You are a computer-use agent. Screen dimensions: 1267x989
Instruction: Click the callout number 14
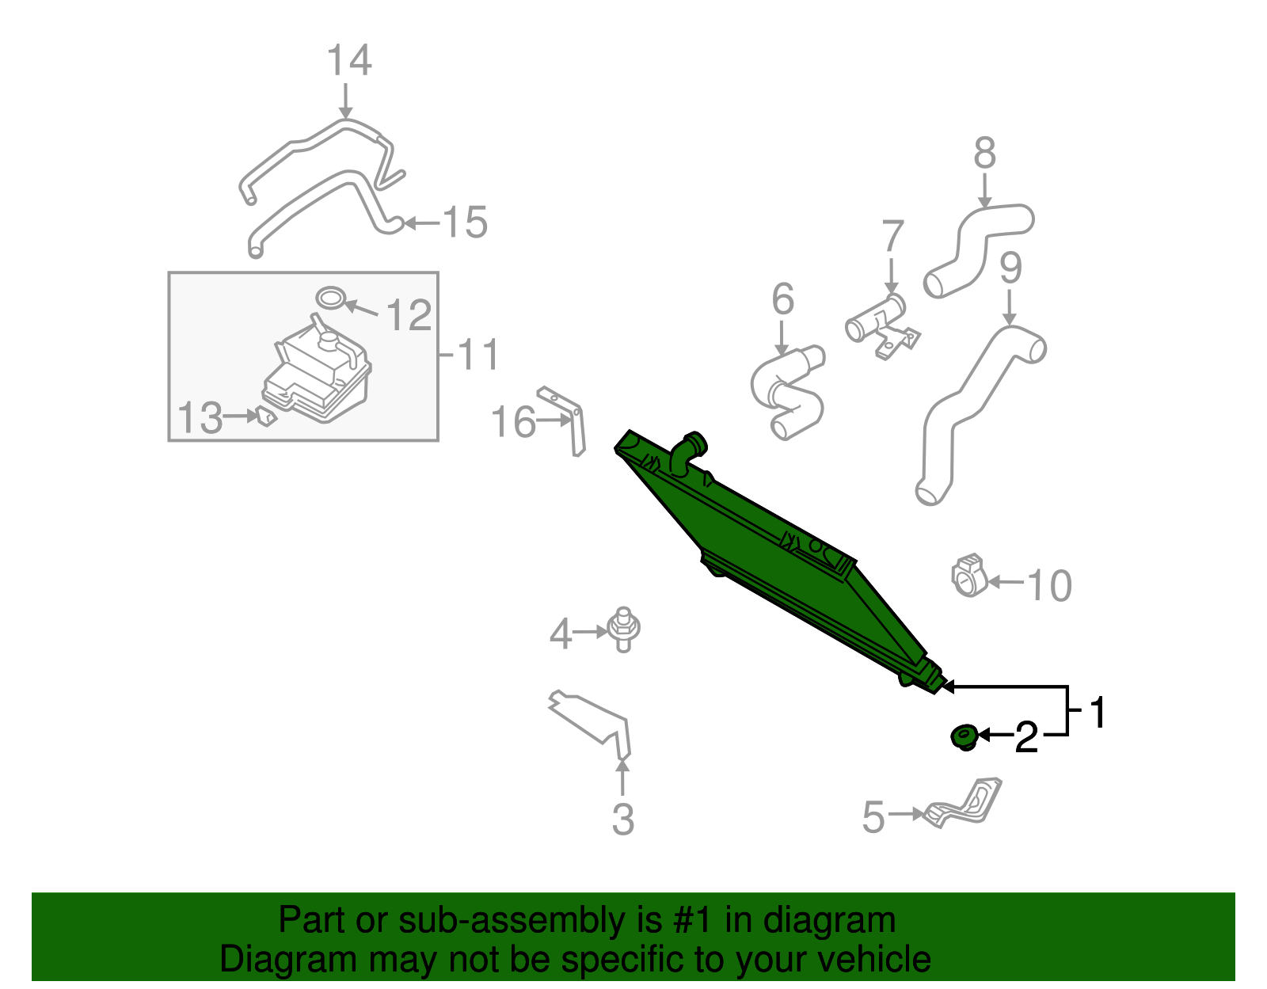[349, 61]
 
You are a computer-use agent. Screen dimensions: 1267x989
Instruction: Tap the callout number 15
[466, 223]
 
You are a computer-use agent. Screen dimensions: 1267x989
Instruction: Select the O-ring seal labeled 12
[330, 298]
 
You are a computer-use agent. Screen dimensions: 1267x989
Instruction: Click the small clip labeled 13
[266, 417]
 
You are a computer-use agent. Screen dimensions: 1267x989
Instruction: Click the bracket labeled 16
[565, 420]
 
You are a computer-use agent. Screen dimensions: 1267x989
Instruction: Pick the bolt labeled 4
[623, 630]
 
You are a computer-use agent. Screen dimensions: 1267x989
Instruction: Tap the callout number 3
[622, 820]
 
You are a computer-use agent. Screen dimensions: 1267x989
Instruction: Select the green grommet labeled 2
[965, 737]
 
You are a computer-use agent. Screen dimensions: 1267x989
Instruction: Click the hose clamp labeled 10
[969, 575]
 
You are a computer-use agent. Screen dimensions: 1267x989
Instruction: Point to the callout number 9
[1011, 268]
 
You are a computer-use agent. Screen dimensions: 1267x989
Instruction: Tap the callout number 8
[985, 154]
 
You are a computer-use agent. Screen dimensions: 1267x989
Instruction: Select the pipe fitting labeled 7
[882, 325]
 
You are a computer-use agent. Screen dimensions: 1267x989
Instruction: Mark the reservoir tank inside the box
[318, 370]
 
